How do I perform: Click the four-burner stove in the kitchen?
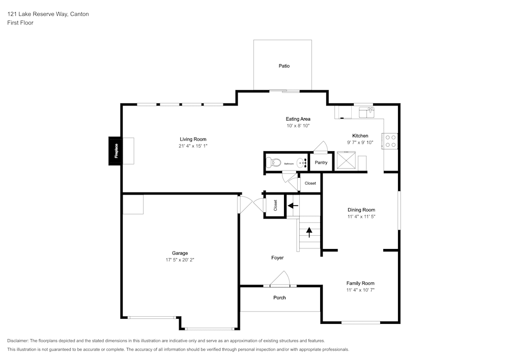coord(390,141)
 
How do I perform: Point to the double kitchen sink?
coord(366,110)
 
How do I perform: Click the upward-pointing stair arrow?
coord(308,232)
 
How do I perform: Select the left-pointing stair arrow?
coord(293,206)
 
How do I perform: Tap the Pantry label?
coord(321,163)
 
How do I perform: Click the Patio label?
coord(284,66)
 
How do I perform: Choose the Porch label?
coord(279,298)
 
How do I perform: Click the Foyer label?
coord(277,258)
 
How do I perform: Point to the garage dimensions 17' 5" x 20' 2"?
coord(180,260)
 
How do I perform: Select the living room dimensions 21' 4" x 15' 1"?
coord(193,146)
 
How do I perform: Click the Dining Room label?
coord(361,210)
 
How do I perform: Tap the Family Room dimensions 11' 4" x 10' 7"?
coord(360,290)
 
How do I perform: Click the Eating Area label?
coord(298,119)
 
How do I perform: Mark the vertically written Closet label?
coord(275,206)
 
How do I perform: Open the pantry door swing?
coord(321,147)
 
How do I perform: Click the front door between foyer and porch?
coord(280,280)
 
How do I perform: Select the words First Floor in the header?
coord(20,23)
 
